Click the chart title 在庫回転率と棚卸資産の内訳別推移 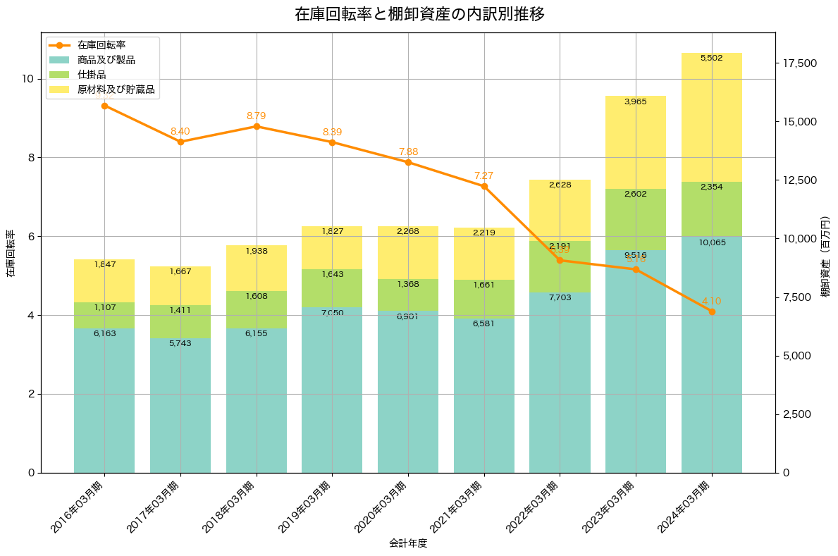click(x=419, y=14)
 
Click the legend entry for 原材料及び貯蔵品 click(x=116, y=89)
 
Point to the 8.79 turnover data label click(x=256, y=116)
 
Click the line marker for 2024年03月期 click(x=712, y=311)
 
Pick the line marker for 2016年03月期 click(x=104, y=106)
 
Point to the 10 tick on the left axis click(x=28, y=79)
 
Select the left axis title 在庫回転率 click(x=11, y=254)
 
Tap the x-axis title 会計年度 click(x=408, y=543)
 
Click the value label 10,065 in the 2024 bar click(x=712, y=242)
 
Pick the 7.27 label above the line click(x=484, y=175)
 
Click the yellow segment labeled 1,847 click(x=104, y=280)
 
